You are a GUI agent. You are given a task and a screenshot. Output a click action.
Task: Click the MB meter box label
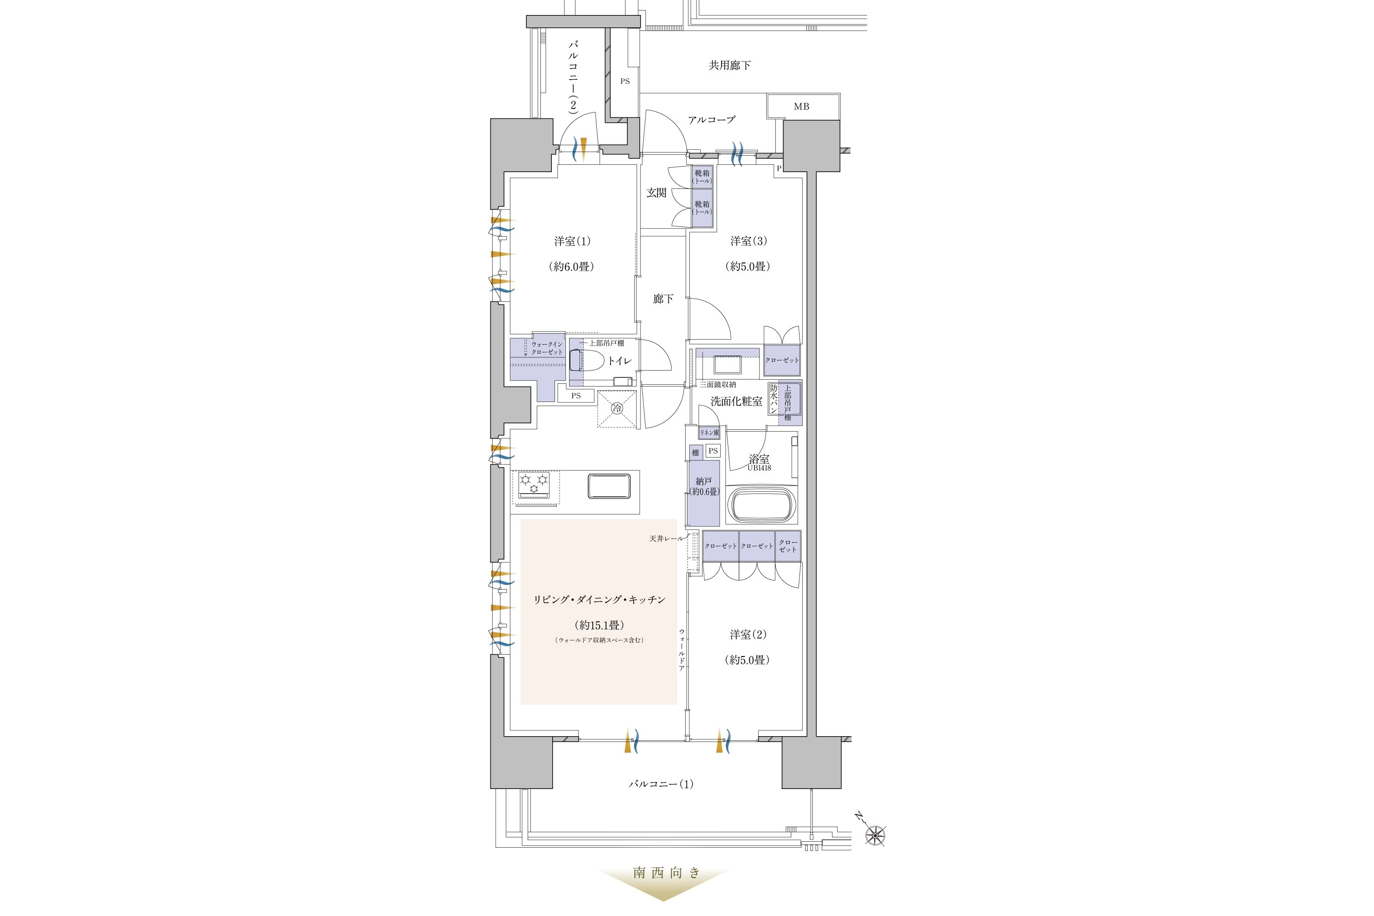tap(801, 107)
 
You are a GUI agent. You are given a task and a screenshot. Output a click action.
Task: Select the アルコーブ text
tap(712, 120)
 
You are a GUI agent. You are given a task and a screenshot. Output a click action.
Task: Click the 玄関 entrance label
tap(656, 193)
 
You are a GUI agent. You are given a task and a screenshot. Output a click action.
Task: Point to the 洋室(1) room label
tap(572, 241)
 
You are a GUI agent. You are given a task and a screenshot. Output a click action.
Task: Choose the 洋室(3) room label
tap(748, 241)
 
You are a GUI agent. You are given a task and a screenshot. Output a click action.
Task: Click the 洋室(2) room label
tap(748, 635)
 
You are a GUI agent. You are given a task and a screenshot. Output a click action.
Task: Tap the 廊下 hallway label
tap(663, 299)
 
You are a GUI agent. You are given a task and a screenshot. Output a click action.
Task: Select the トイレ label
tap(619, 361)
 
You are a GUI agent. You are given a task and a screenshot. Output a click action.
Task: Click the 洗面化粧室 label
tap(736, 402)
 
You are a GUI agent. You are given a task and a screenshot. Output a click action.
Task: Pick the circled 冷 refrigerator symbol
tap(617, 408)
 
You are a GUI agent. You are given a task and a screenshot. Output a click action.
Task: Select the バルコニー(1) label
tap(661, 784)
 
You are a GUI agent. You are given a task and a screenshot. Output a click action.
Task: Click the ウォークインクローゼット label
tap(547, 348)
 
